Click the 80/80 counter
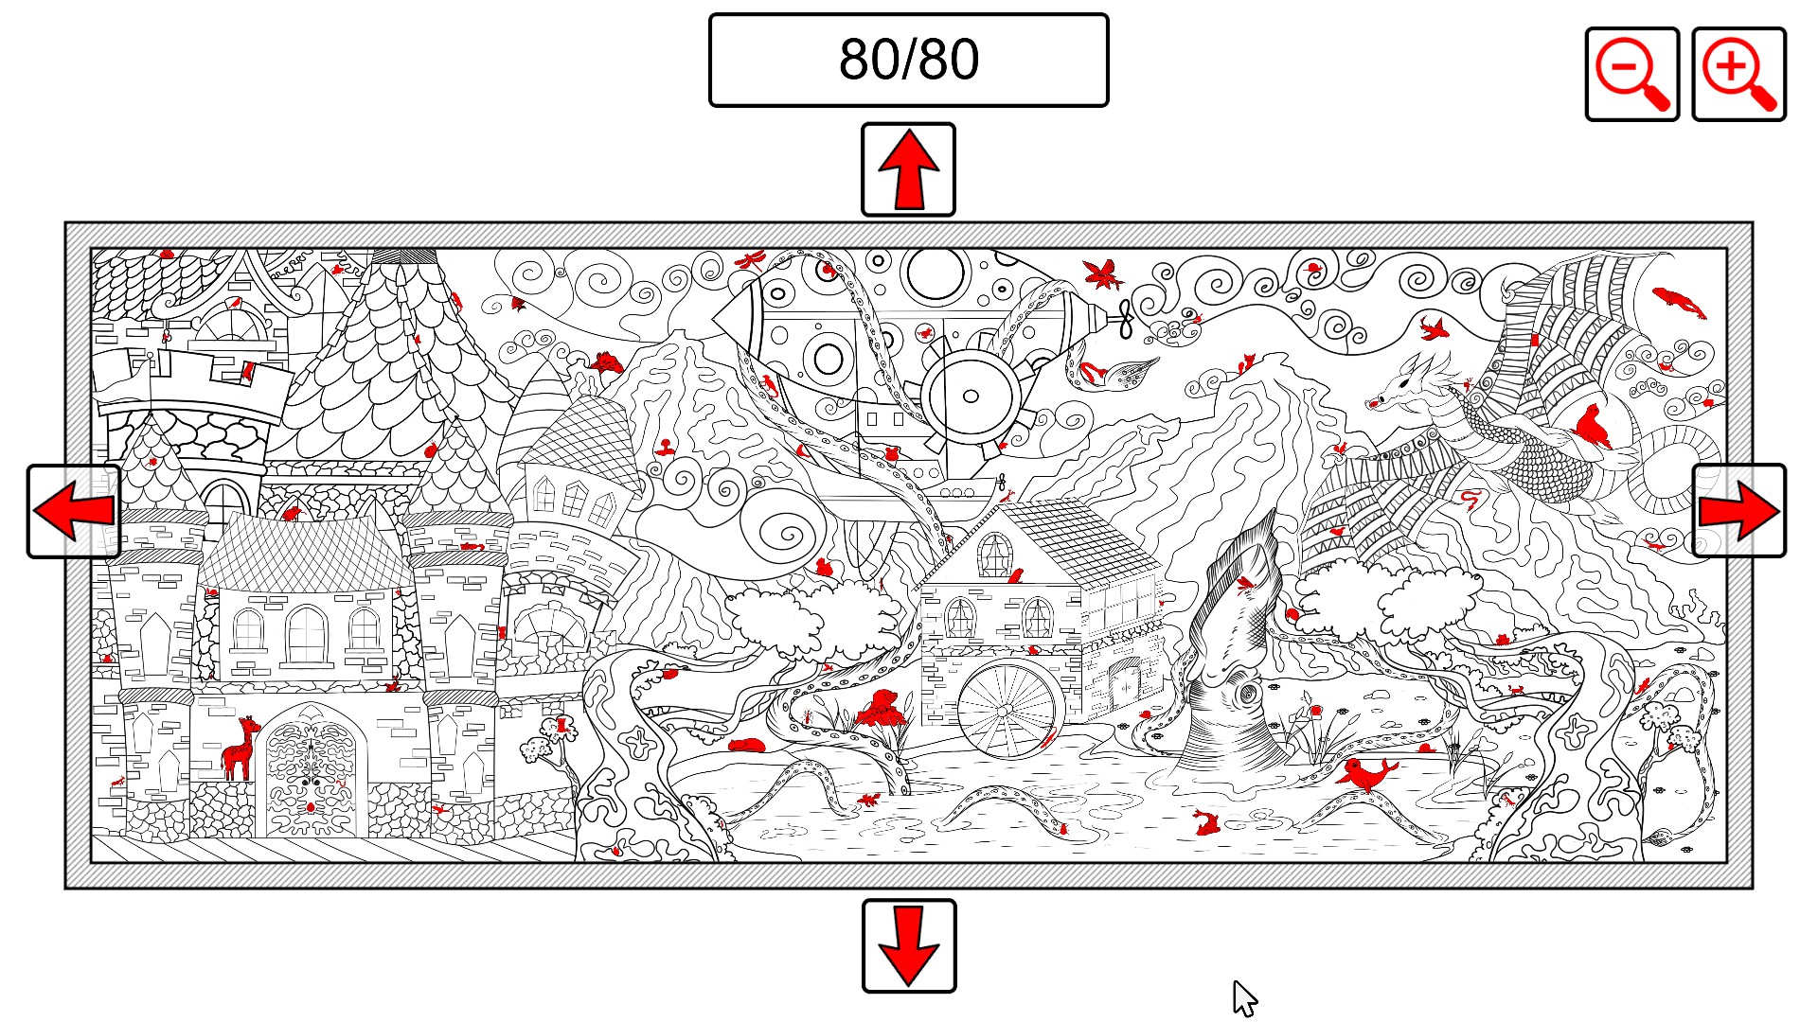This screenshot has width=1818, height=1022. [x=908, y=60]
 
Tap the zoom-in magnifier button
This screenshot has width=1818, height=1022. [x=1738, y=74]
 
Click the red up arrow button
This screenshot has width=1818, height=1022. [x=908, y=169]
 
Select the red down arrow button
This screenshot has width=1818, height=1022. [x=909, y=945]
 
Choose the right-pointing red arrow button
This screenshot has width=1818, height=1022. [x=1739, y=511]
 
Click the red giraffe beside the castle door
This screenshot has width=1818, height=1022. [x=240, y=748]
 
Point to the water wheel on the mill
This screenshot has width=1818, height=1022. [x=1006, y=710]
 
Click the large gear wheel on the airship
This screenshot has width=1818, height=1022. [x=971, y=396]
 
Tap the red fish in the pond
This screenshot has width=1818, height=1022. [x=1205, y=822]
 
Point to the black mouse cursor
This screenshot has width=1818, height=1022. [x=1244, y=998]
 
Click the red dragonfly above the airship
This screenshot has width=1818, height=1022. [x=753, y=258]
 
